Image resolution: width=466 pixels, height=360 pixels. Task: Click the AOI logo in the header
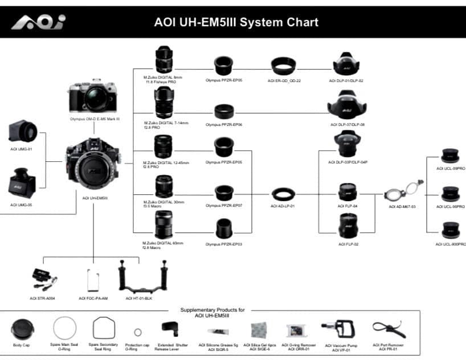click(x=39, y=22)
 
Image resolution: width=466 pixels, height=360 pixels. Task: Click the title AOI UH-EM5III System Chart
click(x=236, y=23)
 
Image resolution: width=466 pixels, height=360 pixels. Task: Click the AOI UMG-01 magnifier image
click(x=23, y=131)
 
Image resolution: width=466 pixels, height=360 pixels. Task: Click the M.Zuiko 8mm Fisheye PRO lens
click(x=163, y=59)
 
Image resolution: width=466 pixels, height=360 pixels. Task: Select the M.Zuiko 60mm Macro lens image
click(x=163, y=224)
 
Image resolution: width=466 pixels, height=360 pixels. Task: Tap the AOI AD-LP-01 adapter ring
click(x=283, y=194)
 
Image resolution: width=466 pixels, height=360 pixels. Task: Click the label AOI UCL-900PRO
click(x=451, y=244)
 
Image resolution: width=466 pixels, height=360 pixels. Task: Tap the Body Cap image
click(x=22, y=330)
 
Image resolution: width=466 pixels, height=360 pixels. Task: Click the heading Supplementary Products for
click(x=212, y=310)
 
